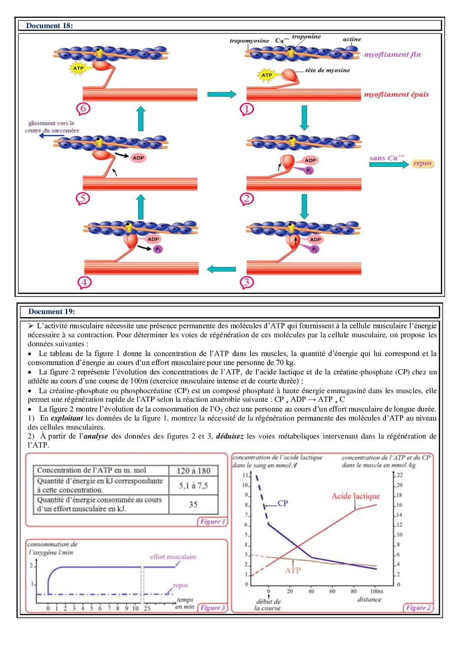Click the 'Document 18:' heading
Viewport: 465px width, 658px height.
click(49, 26)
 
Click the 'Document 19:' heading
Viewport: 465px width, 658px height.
click(51, 311)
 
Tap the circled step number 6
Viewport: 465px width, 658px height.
click(83, 109)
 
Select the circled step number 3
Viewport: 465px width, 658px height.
click(247, 282)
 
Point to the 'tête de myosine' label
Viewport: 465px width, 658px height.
click(327, 70)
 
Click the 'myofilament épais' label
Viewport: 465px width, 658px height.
click(396, 95)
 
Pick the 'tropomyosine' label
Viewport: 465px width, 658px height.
click(249, 41)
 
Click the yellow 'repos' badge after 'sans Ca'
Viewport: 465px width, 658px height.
click(422, 163)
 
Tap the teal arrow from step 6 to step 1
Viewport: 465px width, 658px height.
click(222, 94)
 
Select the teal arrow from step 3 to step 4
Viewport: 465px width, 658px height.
click(221, 269)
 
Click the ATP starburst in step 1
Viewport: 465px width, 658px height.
click(267, 75)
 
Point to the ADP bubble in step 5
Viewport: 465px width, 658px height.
click(138, 158)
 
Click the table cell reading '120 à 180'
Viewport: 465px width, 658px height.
click(193, 471)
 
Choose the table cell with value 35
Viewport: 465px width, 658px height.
click(193, 504)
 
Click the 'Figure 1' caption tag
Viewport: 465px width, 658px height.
click(213, 521)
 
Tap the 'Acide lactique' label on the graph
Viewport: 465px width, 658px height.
click(355, 496)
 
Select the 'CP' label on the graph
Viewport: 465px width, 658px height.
click(283, 503)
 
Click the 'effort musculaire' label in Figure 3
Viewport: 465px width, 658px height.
click(173, 557)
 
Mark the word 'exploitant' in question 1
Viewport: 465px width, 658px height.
click(67, 418)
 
